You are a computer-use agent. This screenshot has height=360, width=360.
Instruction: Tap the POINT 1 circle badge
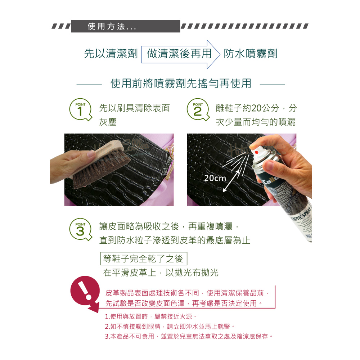(80, 109)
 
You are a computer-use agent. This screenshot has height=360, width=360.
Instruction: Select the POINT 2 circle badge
(198, 109)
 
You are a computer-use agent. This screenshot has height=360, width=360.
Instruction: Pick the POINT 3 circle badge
(80, 229)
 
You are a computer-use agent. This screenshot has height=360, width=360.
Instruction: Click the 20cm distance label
(215, 178)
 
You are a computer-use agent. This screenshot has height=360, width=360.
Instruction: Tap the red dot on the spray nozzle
(256, 152)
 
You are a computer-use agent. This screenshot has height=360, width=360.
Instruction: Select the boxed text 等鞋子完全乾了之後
(144, 258)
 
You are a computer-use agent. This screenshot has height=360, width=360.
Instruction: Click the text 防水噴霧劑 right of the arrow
(251, 54)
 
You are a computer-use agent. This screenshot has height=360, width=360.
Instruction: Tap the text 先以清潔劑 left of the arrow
(111, 54)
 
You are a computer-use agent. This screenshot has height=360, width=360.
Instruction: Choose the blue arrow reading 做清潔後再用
(181, 54)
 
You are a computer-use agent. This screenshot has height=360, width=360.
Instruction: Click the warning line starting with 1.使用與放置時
(151, 316)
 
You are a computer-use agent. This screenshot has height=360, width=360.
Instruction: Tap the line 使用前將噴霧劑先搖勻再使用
(181, 84)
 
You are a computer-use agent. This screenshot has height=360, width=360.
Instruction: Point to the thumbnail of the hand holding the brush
(112, 170)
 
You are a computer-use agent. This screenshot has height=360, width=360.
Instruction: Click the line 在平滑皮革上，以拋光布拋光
(161, 273)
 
